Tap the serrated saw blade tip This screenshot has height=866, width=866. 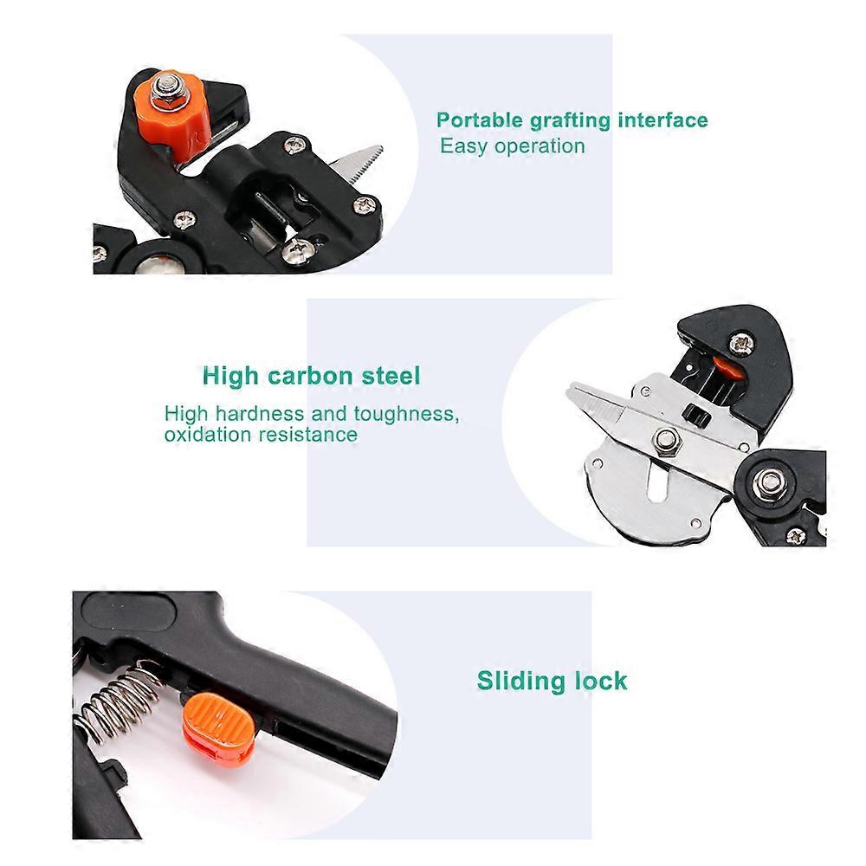tap(380, 149)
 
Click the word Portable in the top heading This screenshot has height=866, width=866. tap(480, 120)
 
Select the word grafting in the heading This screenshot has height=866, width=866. tap(570, 121)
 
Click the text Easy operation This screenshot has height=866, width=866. tap(513, 146)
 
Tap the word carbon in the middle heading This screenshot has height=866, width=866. tap(310, 376)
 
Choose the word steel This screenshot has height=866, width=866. tap(391, 376)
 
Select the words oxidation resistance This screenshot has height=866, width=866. tap(261, 434)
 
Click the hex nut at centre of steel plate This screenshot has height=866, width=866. tap(667, 441)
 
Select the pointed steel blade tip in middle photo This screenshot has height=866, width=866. tap(570, 387)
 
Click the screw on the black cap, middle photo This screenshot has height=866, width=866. tap(742, 344)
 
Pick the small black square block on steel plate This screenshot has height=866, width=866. tap(696, 414)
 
